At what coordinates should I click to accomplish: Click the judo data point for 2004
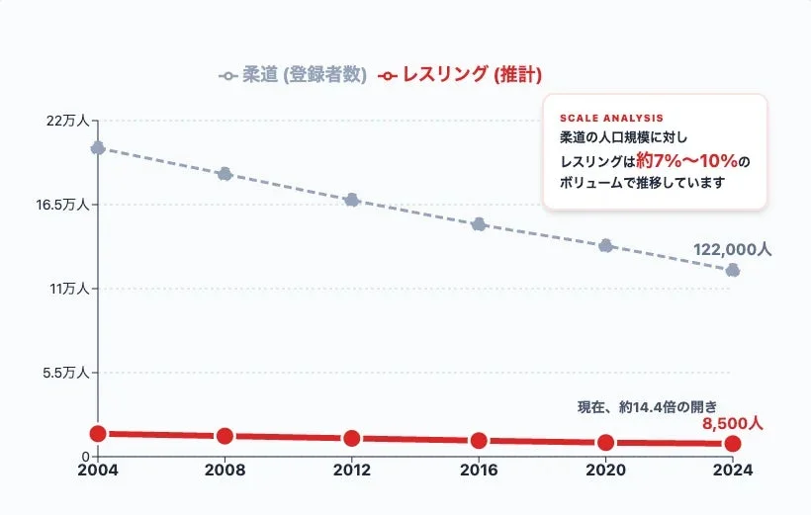[x=98, y=148]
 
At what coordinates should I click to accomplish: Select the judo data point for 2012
[x=351, y=200]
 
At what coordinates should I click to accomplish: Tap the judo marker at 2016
[x=479, y=224]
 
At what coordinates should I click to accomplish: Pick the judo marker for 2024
[x=733, y=270]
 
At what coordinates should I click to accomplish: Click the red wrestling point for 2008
[x=225, y=436]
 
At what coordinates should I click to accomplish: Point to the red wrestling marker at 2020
[x=605, y=443]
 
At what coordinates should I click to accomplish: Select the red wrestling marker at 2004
[x=98, y=434]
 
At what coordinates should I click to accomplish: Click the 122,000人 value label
[x=732, y=250]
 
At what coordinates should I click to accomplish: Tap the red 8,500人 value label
[x=733, y=423]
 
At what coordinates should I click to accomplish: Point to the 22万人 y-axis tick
[x=67, y=121]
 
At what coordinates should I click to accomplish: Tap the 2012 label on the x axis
[x=351, y=471]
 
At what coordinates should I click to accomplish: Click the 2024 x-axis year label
[x=733, y=471]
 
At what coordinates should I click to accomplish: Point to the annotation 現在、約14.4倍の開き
[x=647, y=406]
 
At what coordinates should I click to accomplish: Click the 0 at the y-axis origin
[x=86, y=457]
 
